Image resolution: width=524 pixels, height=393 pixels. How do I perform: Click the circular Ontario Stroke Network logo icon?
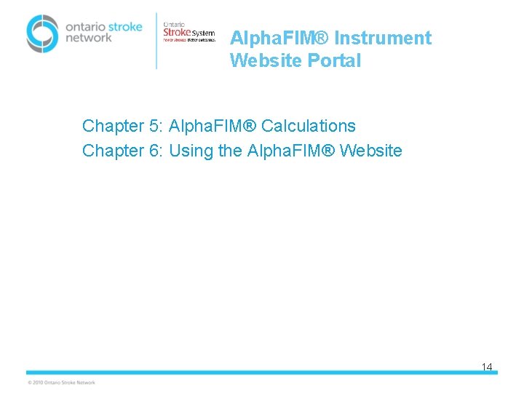[x=42, y=33]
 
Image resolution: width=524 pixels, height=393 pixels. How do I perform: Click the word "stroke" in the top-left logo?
[x=125, y=27]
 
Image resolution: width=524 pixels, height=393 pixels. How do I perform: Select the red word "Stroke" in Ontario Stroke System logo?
[x=177, y=32]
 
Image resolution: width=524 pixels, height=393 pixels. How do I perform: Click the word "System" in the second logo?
[x=203, y=33]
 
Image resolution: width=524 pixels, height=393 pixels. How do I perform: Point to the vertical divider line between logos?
[x=156, y=40]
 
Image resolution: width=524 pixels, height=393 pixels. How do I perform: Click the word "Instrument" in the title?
[x=383, y=38]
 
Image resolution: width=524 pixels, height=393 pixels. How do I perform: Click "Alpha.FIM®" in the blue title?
[x=279, y=38]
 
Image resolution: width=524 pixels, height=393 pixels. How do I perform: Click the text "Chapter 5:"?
[x=122, y=126]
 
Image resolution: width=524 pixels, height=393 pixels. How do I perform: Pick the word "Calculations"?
[x=309, y=126]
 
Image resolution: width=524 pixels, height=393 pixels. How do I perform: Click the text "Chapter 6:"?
[x=122, y=151]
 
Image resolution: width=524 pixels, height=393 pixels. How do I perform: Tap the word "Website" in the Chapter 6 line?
[x=371, y=151]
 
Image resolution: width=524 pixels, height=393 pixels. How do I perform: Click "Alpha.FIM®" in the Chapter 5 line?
[x=212, y=126]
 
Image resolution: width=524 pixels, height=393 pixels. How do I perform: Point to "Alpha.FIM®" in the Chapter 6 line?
[x=291, y=151]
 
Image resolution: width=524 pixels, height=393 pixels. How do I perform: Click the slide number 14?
[x=487, y=367]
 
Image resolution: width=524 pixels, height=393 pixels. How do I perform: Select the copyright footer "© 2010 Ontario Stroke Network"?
[x=61, y=382]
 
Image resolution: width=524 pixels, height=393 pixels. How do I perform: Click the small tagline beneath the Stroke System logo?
[x=188, y=41]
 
